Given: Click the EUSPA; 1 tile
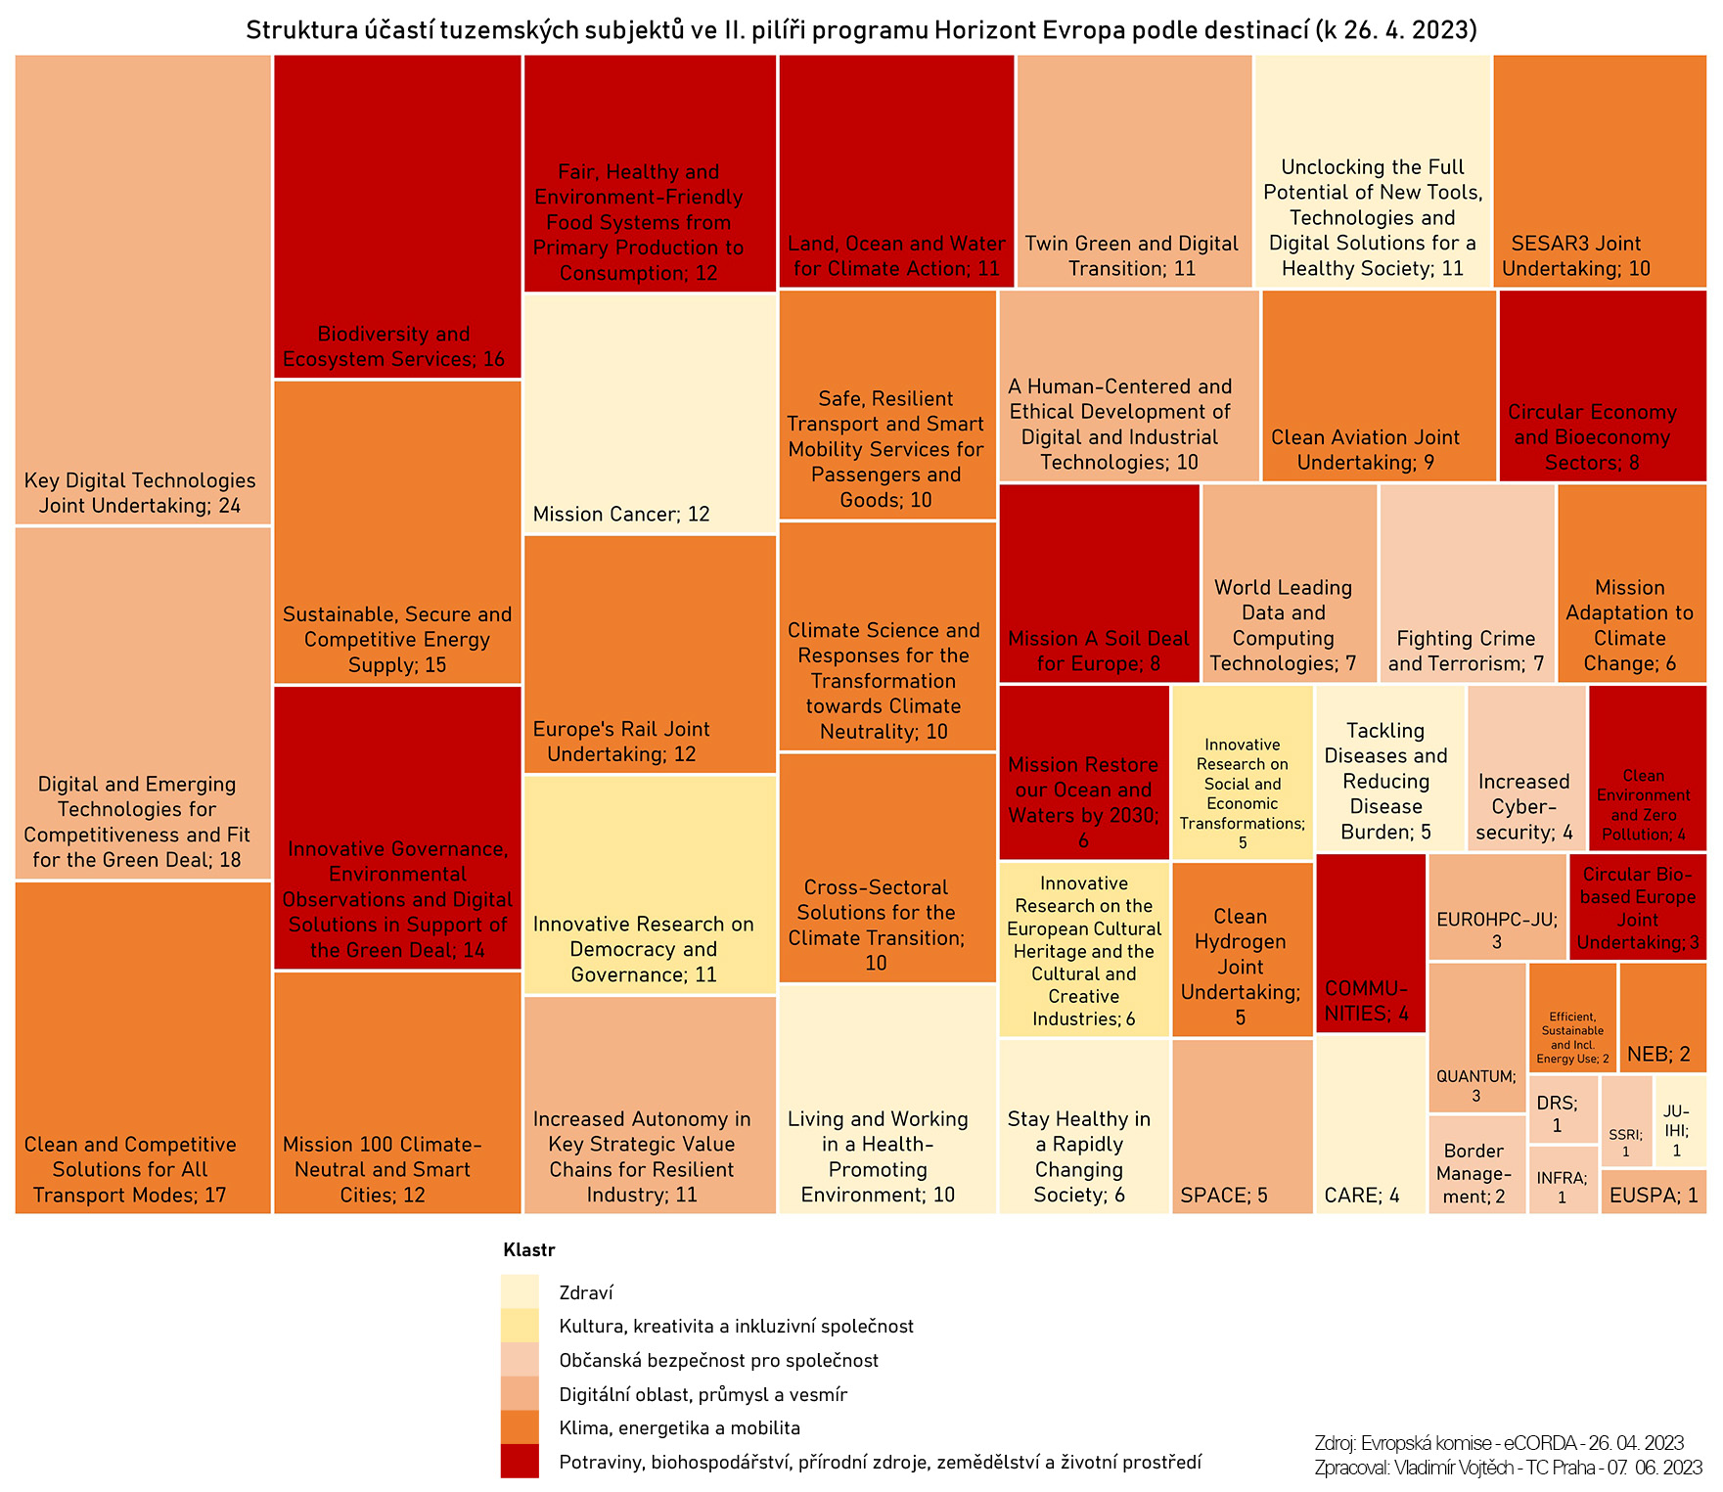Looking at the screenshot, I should pos(1654,1192).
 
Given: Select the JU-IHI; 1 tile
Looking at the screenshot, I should pos(1680,1121).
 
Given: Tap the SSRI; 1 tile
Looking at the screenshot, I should pos(1626,1121).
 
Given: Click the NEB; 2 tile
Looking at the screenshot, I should pos(1661,1018).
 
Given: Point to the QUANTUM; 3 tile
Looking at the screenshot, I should pos(1476,1037).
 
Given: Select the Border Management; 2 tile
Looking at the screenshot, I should pos(1476,1164).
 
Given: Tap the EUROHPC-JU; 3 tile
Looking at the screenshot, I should pos(1497,907).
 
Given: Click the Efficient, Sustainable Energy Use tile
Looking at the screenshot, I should pos(1571,1017).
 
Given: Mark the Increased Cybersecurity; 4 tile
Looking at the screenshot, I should pos(1525,768).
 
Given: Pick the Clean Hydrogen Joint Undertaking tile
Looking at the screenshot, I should pos(1241,949).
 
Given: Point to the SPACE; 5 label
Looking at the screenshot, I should pos(1224,1195).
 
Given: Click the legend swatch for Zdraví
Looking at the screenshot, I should pos(520,1291).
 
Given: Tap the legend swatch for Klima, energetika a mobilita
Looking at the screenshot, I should pos(520,1427).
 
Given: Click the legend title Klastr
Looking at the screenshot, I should pos(528,1249).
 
